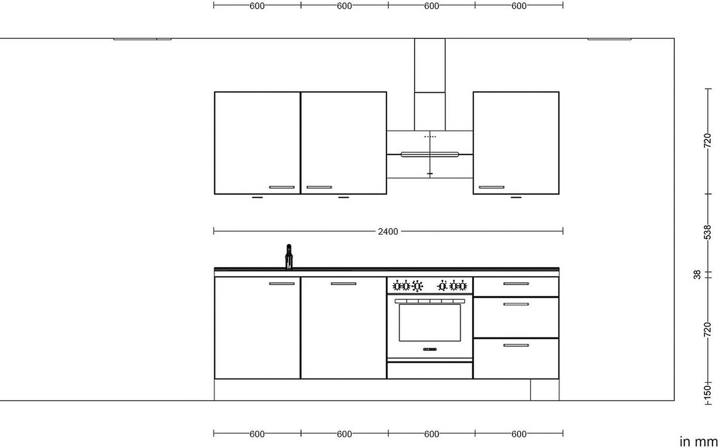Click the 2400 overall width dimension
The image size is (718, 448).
pos(388,231)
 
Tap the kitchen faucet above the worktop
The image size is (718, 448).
pos(289,256)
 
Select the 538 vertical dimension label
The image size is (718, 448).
pos(707,232)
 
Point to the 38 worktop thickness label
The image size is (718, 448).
pos(697,275)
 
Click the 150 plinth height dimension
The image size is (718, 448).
pos(707,391)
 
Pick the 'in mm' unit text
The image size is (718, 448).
pos(698,441)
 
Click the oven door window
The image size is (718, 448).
pos(430,322)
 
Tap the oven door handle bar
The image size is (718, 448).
pos(430,301)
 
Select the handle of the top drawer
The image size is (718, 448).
pos(516,284)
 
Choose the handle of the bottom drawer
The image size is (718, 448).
pos(516,346)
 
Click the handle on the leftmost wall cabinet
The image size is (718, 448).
pos(282,187)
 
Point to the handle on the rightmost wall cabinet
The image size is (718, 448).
pos(492,187)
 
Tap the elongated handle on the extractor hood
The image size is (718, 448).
pos(430,155)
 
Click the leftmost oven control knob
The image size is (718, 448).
pos(397,285)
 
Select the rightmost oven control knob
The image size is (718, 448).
pos(462,285)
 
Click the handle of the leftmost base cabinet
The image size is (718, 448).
pos(282,284)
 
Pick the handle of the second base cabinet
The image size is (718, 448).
pos(343,284)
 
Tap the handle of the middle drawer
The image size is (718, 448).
pos(516,304)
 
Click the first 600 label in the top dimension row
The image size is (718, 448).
pos(257,6)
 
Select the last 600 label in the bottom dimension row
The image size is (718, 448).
pos(519,434)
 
